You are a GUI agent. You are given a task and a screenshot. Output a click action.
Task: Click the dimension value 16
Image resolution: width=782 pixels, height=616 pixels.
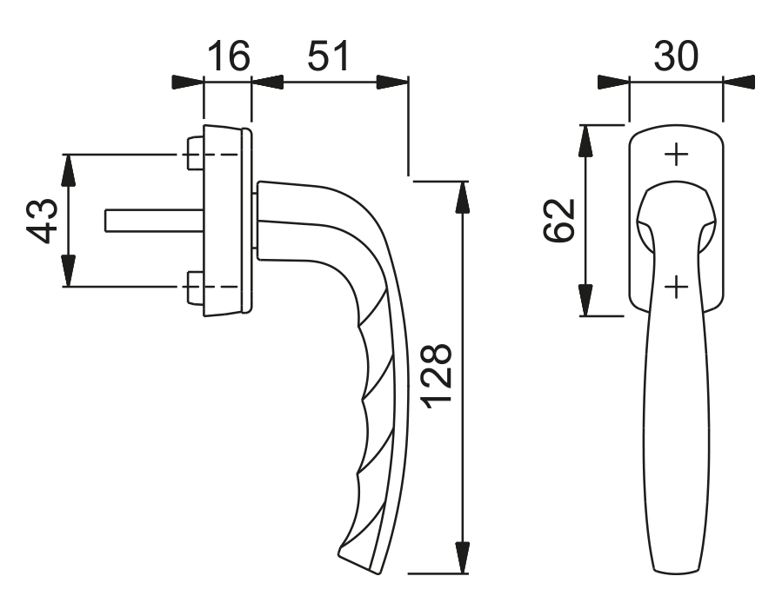227,56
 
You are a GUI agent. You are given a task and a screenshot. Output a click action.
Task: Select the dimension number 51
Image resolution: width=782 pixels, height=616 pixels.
328,56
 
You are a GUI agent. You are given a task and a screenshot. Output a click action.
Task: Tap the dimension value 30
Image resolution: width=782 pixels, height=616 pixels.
676,56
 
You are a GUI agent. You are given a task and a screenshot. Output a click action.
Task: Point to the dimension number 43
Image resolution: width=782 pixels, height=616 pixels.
42,221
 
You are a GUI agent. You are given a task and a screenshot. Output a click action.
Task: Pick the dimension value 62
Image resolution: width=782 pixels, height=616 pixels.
559,221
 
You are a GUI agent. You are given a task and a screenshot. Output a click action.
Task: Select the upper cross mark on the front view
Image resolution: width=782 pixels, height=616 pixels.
676,155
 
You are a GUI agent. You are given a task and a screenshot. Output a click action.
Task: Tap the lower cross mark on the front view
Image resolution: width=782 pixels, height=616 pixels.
676,287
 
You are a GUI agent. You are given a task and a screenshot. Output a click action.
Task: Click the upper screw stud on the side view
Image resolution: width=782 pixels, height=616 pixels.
196,154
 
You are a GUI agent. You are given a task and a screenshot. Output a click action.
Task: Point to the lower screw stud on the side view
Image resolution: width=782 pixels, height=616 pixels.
196,287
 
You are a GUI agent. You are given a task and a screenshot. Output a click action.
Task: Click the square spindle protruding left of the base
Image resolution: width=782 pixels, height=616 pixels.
155,221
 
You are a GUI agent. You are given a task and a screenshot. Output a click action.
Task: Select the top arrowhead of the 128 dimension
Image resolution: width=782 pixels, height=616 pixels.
464,197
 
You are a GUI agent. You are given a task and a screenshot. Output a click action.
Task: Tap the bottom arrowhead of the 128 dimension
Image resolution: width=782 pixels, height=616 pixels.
464,557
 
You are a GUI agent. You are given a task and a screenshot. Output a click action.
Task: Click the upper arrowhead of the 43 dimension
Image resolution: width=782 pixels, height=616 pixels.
69,171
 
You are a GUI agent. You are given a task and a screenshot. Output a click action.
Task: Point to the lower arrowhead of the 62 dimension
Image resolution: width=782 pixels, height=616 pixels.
586,300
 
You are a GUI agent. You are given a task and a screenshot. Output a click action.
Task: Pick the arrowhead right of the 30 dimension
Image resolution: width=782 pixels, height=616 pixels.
739,83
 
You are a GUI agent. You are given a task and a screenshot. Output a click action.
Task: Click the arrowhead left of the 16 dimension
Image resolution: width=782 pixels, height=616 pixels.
188,83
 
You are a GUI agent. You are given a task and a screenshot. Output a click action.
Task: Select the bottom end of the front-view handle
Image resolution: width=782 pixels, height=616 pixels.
676,569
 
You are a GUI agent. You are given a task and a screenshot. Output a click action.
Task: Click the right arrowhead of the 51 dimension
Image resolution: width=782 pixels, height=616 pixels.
392,83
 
